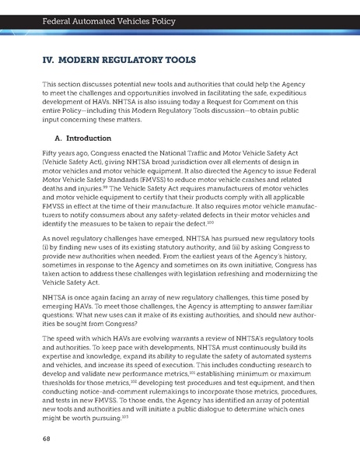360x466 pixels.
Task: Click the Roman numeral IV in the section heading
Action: point(47,58)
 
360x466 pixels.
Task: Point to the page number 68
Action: point(46,438)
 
